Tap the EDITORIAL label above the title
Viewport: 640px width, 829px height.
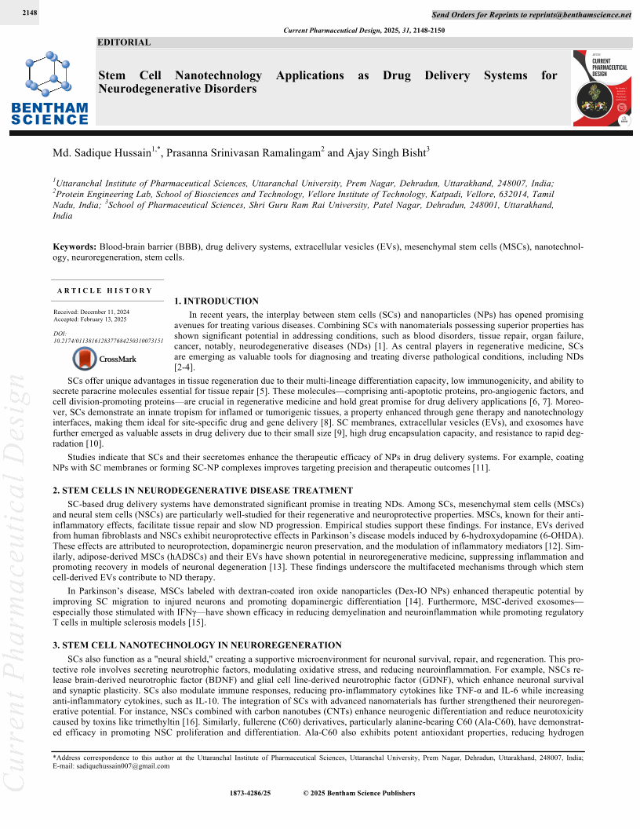coord(124,42)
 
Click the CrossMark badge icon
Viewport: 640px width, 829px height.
coord(85,359)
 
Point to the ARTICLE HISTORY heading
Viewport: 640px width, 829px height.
coord(105,290)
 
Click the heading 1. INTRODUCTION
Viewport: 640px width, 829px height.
coord(216,301)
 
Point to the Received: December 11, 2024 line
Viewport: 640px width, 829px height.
coord(91,312)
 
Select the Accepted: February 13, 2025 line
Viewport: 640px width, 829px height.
coord(91,320)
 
